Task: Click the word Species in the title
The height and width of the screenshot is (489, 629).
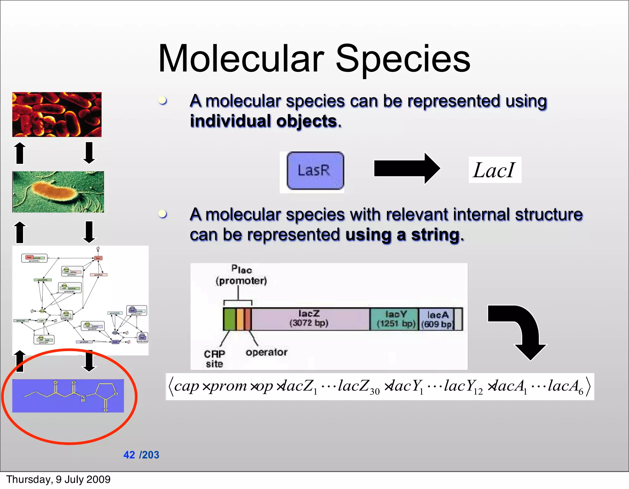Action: [403, 58]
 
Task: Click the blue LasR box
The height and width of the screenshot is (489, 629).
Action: [315, 171]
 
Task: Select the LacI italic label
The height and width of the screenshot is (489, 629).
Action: [494, 170]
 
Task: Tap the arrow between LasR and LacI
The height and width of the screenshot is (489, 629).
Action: [406, 169]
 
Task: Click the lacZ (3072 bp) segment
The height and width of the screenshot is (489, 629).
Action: [310, 319]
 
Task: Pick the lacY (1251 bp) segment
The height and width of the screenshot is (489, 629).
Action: [394, 319]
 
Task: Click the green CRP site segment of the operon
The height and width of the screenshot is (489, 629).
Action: [229, 319]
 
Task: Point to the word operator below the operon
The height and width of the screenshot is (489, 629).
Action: [266, 352]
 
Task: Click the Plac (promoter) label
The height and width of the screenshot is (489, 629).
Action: [241, 275]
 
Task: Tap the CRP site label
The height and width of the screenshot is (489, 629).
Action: [214, 359]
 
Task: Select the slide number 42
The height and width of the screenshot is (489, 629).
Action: [129, 455]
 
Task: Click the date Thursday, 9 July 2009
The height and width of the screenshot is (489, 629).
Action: [58, 479]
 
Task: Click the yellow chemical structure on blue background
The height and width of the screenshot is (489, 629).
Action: [68, 395]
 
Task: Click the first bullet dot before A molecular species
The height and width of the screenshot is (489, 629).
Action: [163, 100]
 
